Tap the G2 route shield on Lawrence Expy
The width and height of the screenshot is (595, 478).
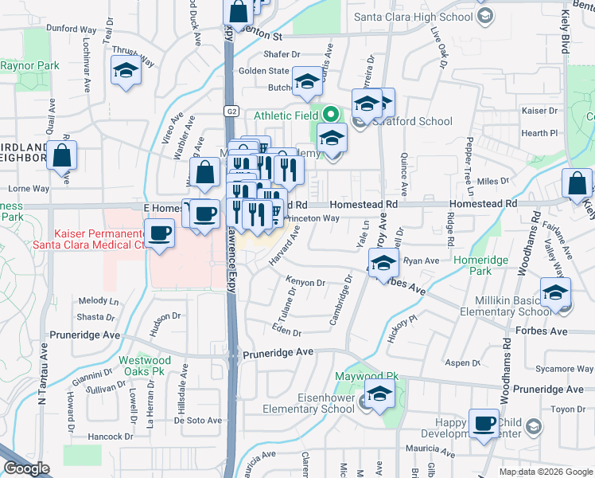[x=229, y=111]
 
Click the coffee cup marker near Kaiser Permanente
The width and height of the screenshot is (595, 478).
[x=161, y=233]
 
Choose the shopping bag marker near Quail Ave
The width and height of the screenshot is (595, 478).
[x=62, y=156]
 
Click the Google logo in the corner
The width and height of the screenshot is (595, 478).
[x=26, y=468]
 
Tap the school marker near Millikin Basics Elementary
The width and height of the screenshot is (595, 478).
[x=555, y=292]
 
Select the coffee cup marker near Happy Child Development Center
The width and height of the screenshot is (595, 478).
[x=483, y=423]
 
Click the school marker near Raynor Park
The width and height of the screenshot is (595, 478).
[x=126, y=71]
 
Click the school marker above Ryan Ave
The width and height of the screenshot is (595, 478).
[x=383, y=263]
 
